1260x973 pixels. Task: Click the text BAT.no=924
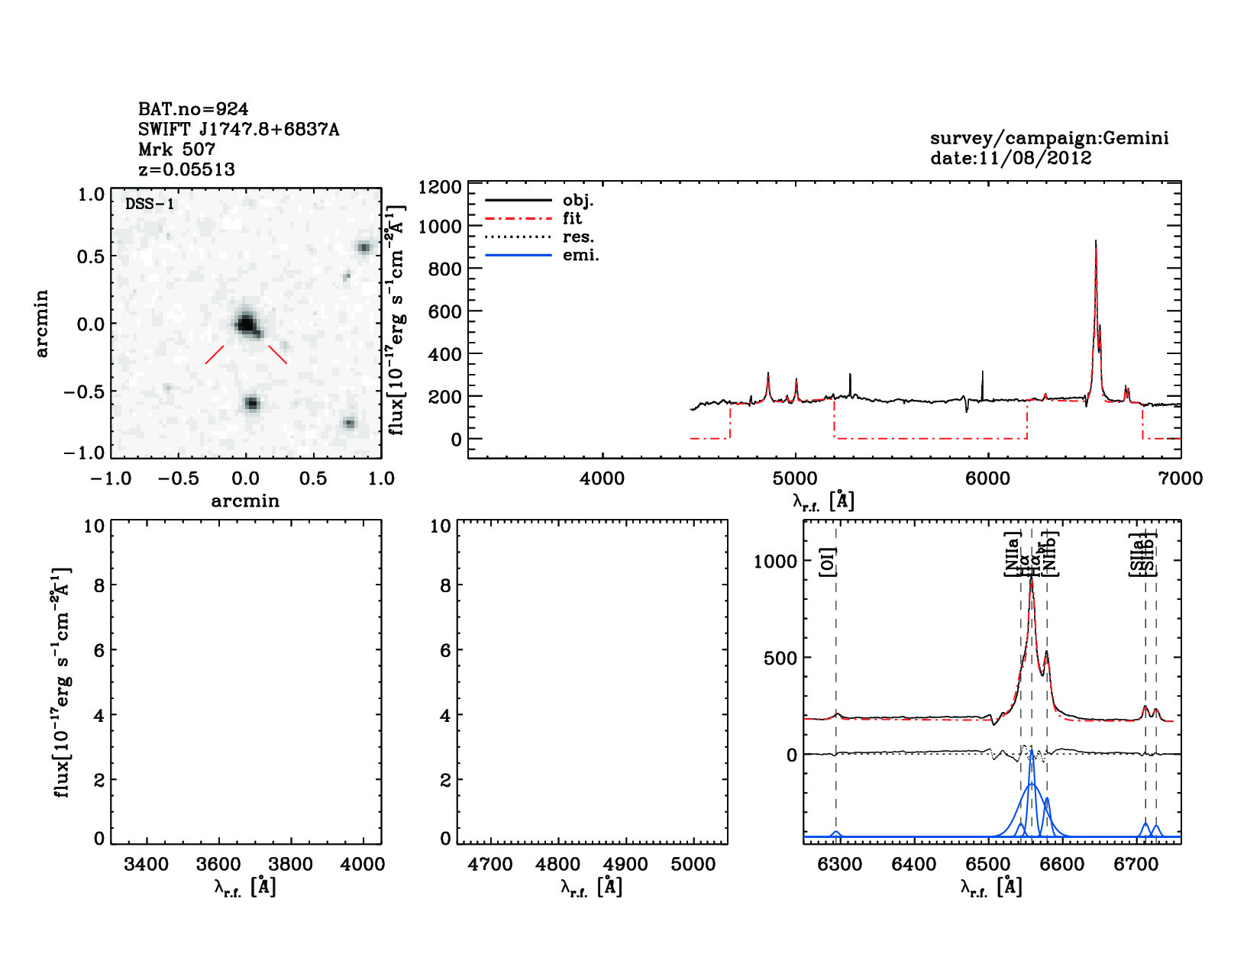[x=192, y=109]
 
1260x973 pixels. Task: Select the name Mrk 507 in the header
[x=176, y=150]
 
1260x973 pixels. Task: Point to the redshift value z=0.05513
[x=186, y=169]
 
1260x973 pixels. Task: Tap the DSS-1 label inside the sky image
[x=149, y=204]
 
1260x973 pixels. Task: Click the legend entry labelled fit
[x=572, y=219]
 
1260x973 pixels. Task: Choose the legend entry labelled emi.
[x=580, y=256]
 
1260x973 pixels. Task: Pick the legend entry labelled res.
[x=578, y=237]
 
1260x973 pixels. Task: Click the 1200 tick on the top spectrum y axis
[x=440, y=188]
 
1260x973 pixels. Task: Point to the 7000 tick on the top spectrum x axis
[x=1180, y=478]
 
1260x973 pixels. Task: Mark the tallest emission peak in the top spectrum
[x=1096, y=241]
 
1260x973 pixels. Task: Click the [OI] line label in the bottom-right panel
[x=828, y=562]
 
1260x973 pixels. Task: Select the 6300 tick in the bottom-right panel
[x=839, y=865]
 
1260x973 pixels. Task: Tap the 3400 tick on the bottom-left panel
[x=146, y=865]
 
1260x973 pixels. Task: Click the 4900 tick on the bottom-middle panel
[x=626, y=865]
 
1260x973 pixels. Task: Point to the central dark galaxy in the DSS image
[x=245, y=324]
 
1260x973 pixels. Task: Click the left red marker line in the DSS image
[x=215, y=354]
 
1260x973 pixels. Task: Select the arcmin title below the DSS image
[x=245, y=501]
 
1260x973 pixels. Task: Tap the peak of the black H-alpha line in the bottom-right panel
[x=1032, y=578]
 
